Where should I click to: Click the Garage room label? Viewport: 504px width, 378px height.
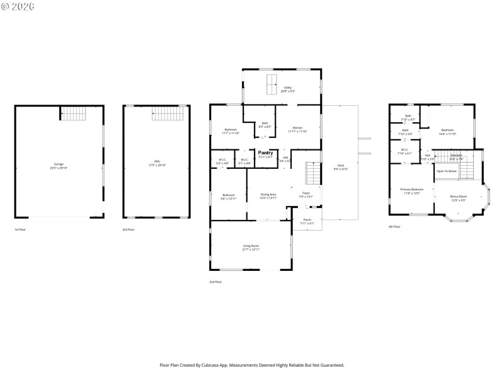58,165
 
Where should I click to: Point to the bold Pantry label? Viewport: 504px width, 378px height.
265,152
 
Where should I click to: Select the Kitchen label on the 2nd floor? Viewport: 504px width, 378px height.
297,128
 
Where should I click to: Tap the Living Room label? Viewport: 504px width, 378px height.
251,246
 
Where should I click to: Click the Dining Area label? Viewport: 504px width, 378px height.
268,195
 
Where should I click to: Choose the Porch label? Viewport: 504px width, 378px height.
307,220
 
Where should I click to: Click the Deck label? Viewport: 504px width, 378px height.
340,166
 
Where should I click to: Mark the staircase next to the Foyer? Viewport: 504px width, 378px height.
313,172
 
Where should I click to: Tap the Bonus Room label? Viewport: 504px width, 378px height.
458,197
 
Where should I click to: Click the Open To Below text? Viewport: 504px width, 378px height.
446,171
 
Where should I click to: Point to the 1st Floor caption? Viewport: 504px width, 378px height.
20,229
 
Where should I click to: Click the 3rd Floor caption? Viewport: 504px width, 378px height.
129,229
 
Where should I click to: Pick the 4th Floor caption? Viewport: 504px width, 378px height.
394,227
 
